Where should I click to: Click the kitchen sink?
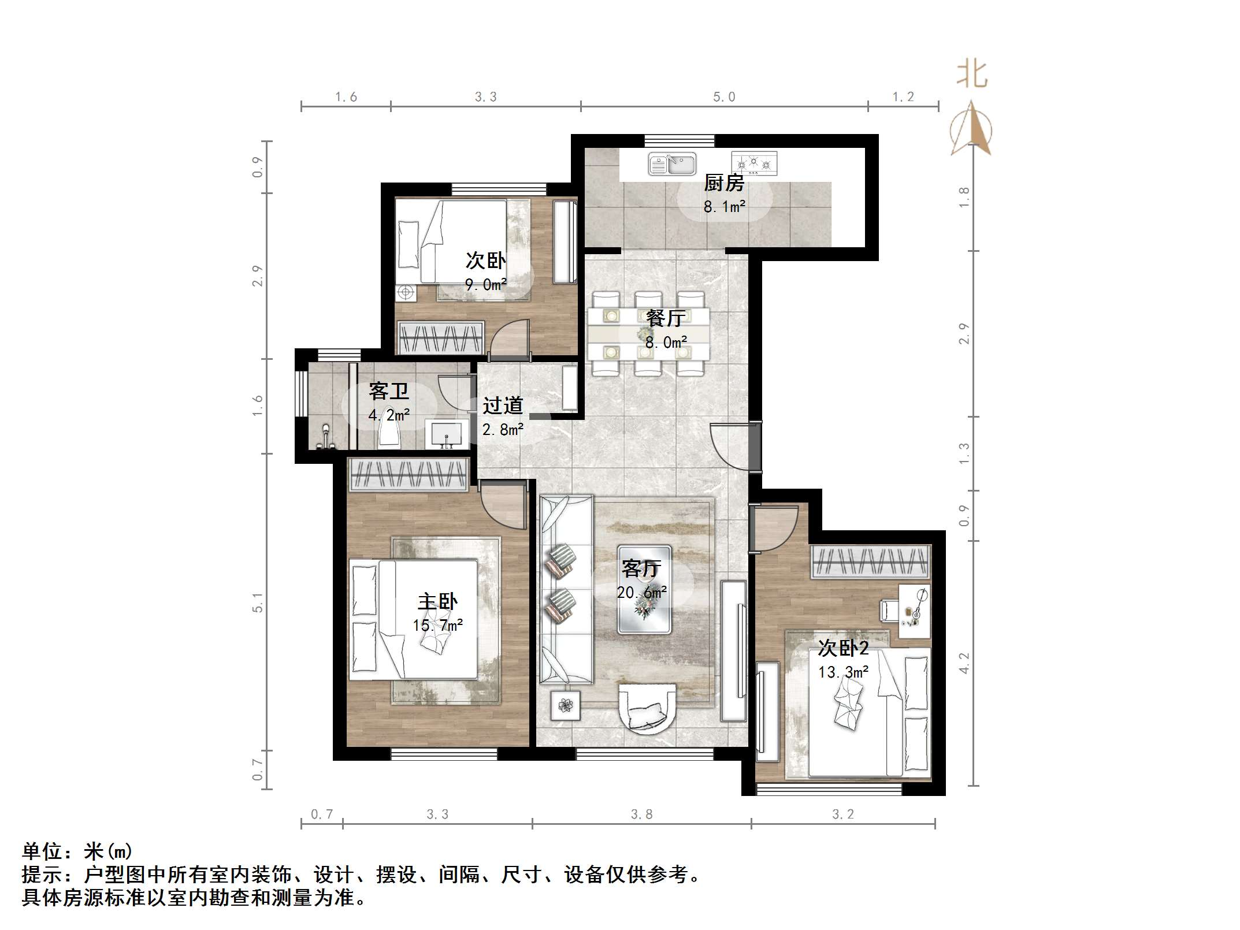pyautogui.click(x=671, y=163)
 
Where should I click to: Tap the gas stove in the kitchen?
pyautogui.click(x=753, y=163)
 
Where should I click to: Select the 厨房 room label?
pyautogui.click(x=723, y=183)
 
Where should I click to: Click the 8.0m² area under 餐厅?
pyautogui.click(x=666, y=342)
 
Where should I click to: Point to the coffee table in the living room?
pyautogui.click(x=644, y=590)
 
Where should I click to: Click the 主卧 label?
pyautogui.click(x=437, y=601)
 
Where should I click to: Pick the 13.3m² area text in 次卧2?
pyautogui.click(x=843, y=672)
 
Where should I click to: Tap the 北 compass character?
pyautogui.click(x=972, y=75)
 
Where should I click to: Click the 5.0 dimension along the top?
pyautogui.click(x=723, y=97)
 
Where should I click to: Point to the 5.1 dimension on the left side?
pyautogui.click(x=258, y=602)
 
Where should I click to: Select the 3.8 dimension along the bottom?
pyautogui.click(x=641, y=814)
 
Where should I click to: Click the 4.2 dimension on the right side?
pyautogui.click(x=964, y=663)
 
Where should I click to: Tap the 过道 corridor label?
pyautogui.click(x=503, y=406)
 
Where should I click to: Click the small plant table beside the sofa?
pyautogui.click(x=565, y=705)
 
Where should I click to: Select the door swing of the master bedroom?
pyautogui.click(x=502, y=506)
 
